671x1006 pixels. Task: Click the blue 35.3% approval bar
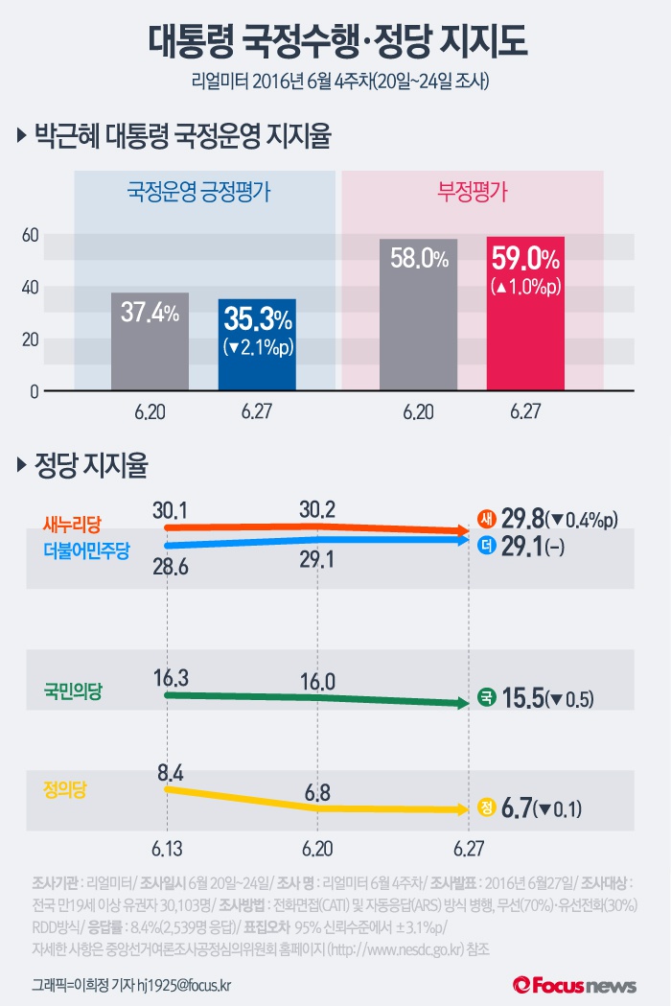tap(257, 344)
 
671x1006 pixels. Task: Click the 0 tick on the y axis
tap(33, 391)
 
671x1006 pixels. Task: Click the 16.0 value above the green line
tap(316, 682)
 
